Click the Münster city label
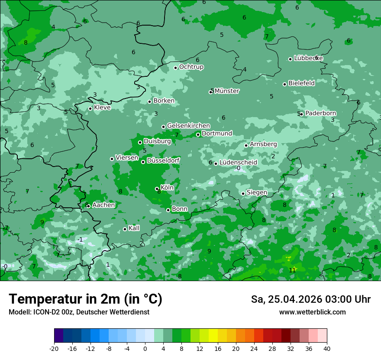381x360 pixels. pos(227,91)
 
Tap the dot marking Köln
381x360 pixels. pos(157,189)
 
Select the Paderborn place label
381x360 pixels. pos(320,113)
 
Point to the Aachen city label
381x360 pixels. pos(103,205)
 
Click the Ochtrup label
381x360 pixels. pos(191,67)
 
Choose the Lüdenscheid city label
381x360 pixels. pos(238,163)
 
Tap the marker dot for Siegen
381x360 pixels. pos(243,193)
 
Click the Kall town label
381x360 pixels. pos(134,228)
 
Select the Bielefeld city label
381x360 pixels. pos(301,83)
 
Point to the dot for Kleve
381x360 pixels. pos(90,108)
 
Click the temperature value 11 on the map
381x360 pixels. pos(292,270)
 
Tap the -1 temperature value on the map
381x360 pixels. pos(80,239)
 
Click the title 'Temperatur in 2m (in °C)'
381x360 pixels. pos(85,299)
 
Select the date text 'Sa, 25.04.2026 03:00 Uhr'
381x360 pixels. pos(310,299)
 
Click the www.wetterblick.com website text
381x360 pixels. pos(312,312)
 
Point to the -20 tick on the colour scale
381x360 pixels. pos(54,348)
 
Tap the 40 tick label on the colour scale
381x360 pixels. pos(326,348)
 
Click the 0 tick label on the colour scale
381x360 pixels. pos(145,348)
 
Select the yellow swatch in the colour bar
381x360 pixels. pos(213,336)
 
